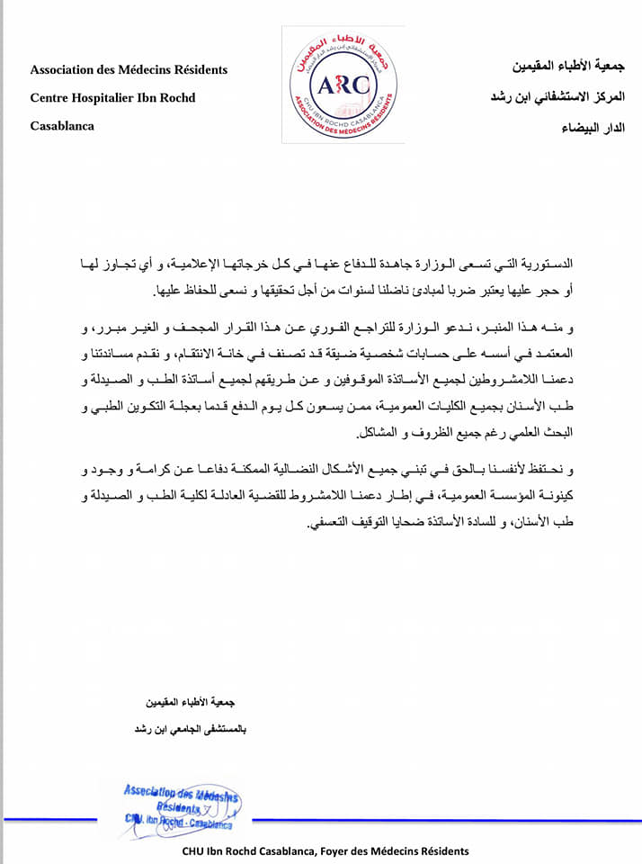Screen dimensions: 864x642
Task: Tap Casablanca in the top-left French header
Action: pyautogui.click(x=62, y=125)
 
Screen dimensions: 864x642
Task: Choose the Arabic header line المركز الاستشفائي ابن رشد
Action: pyautogui.click(x=558, y=96)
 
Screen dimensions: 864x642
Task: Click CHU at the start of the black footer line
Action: pyautogui.click(x=195, y=850)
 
